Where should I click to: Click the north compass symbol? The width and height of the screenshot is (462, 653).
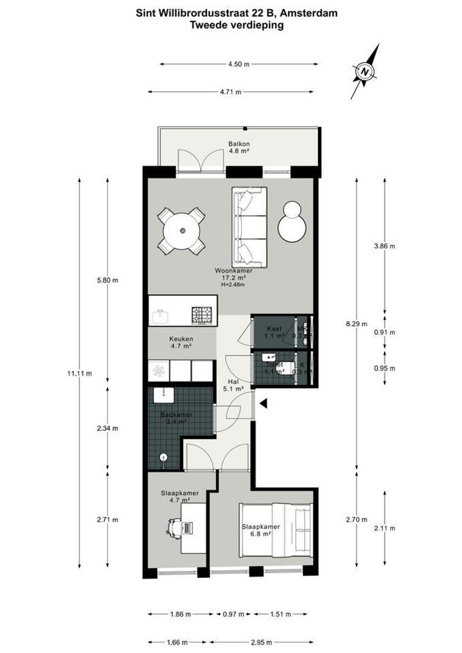365,71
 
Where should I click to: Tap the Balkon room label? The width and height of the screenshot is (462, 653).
239,148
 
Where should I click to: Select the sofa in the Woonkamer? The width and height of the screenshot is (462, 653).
249,227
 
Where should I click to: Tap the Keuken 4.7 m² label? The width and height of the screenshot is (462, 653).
180,343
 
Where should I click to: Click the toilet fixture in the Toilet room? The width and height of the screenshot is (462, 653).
293,366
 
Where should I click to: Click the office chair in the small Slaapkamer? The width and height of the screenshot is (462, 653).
173,527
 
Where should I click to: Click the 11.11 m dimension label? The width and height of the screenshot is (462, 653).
80,374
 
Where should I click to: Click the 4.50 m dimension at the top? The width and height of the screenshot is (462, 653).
239,65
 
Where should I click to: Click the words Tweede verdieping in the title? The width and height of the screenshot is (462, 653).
237,25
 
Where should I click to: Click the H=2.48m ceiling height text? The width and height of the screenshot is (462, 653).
233,285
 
